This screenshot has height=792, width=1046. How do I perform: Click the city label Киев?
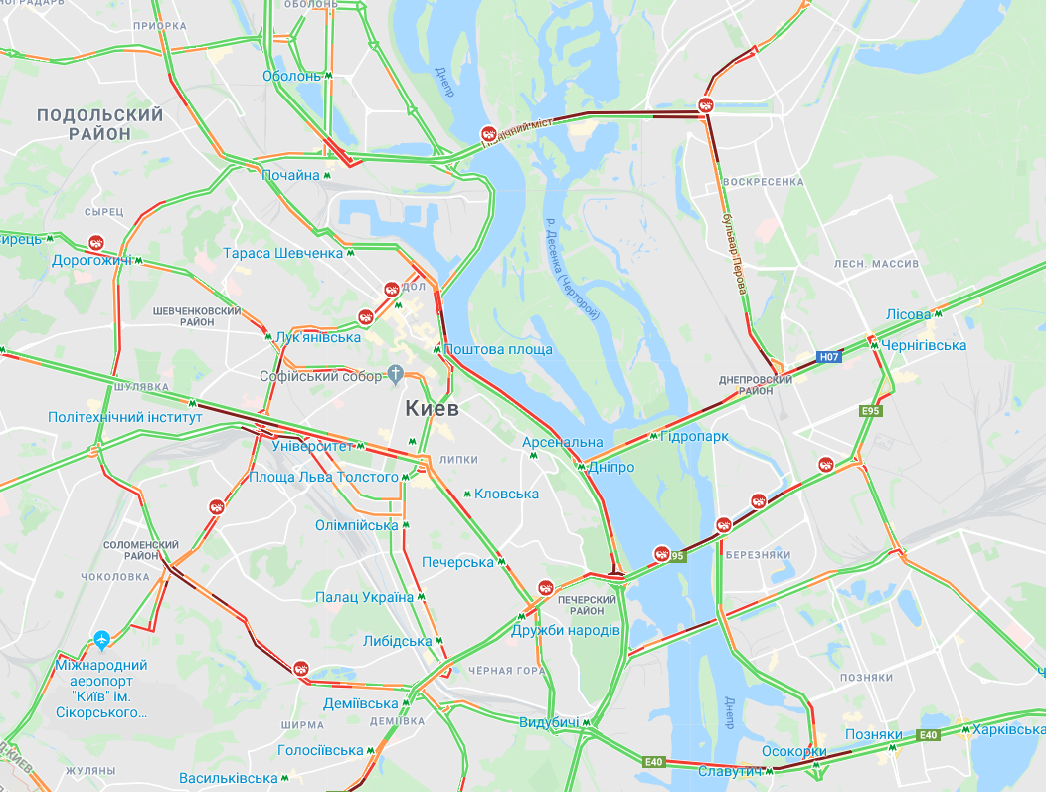(432, 408)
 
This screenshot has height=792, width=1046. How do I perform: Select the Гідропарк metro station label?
(694, 436)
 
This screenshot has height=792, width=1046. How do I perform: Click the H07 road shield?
(829, 356)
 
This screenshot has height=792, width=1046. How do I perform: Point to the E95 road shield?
(871, 410)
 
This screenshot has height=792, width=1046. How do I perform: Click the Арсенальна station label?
(563, 442)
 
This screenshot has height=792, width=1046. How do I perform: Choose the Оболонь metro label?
(291, 76)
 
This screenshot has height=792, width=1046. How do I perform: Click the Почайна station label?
(290, 175)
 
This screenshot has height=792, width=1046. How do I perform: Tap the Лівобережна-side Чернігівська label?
(924, 345)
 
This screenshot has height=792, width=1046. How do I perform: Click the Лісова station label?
(908, 314)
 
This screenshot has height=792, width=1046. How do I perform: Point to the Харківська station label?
(1008, 729)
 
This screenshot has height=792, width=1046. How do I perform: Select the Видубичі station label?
(549, 722)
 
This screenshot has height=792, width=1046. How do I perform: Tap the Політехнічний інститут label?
(124, 417)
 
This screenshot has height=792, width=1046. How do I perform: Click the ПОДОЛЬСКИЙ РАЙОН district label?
(99, 124)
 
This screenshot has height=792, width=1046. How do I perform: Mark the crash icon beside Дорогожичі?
(96, 242)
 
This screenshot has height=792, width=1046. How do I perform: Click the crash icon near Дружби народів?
(545, 587)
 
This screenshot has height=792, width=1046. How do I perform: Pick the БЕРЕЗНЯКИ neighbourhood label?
(758, 554)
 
